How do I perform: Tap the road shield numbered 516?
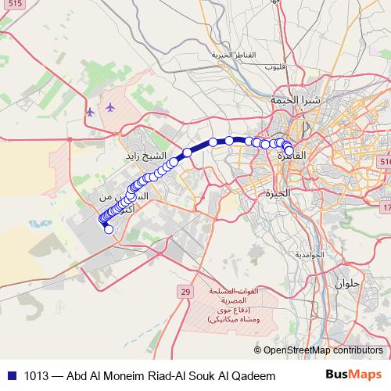tap(384, 160)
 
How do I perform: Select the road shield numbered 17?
tap(386, 207)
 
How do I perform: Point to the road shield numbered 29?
tap(185, 292)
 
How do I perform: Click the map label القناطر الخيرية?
tap(235, 55)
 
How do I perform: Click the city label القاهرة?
tap(292, 156)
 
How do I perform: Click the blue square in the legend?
tap(10, 375)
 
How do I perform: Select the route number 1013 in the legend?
tap(38, 375)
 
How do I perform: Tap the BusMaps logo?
tap(354, 375)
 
